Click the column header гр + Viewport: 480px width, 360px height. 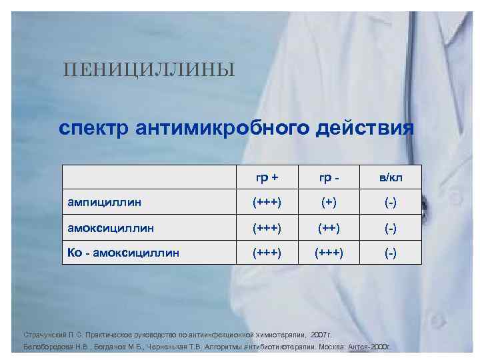point(267,179)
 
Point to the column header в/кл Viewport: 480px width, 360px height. point(391,179)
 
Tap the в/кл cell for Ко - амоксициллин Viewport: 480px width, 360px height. point(391,253)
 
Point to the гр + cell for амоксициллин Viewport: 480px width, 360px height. point(267,228)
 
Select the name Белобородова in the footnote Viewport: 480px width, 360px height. point(47,347)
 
